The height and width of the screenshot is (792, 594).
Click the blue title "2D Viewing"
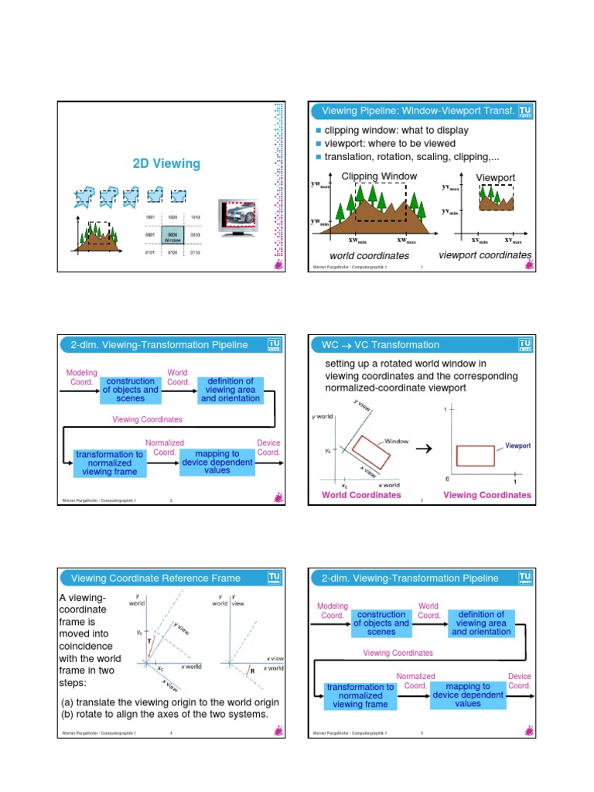coord(166,163)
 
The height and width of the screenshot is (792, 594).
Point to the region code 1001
coord(151,218)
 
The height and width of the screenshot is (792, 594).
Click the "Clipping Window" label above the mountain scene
coord(379,176)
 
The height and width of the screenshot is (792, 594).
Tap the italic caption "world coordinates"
coord(369,255)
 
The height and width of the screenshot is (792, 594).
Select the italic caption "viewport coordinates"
coord(485,254)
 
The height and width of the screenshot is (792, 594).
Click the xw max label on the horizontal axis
coord(408,241)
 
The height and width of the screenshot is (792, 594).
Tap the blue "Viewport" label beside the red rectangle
coord(518,446)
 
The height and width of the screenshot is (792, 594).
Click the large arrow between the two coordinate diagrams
coord(424,449)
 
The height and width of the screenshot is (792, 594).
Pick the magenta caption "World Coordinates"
coord(361,495)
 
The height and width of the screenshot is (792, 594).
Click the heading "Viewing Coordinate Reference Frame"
coord(155,578)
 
